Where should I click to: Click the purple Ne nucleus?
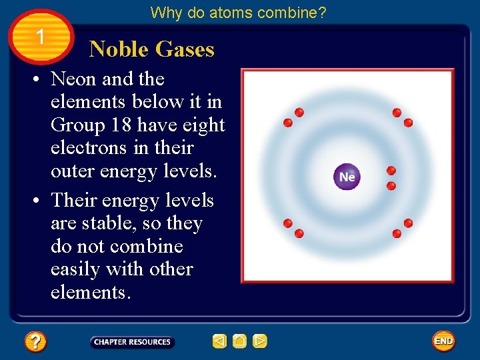click(x=347, y=177)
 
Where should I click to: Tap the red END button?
click(x=443, y=341)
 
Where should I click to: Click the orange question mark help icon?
click(x=35, y=342)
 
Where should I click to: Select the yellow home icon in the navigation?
click(x=240, y=341)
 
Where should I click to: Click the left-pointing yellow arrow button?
click(x=219, y=341)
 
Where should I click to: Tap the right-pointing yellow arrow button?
click(x=260, y=341)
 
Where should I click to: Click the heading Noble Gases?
click(x=151, y=49)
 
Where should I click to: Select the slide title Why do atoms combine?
click(x=238, y=12)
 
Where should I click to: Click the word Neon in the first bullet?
click(x=74, y=79)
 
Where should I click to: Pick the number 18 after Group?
click(x=125, y=125)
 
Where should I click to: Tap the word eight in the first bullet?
click(x=203, y=125)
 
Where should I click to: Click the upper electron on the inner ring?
click(x=391, y=171)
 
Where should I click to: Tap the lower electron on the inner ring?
click(x=391, y=185)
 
